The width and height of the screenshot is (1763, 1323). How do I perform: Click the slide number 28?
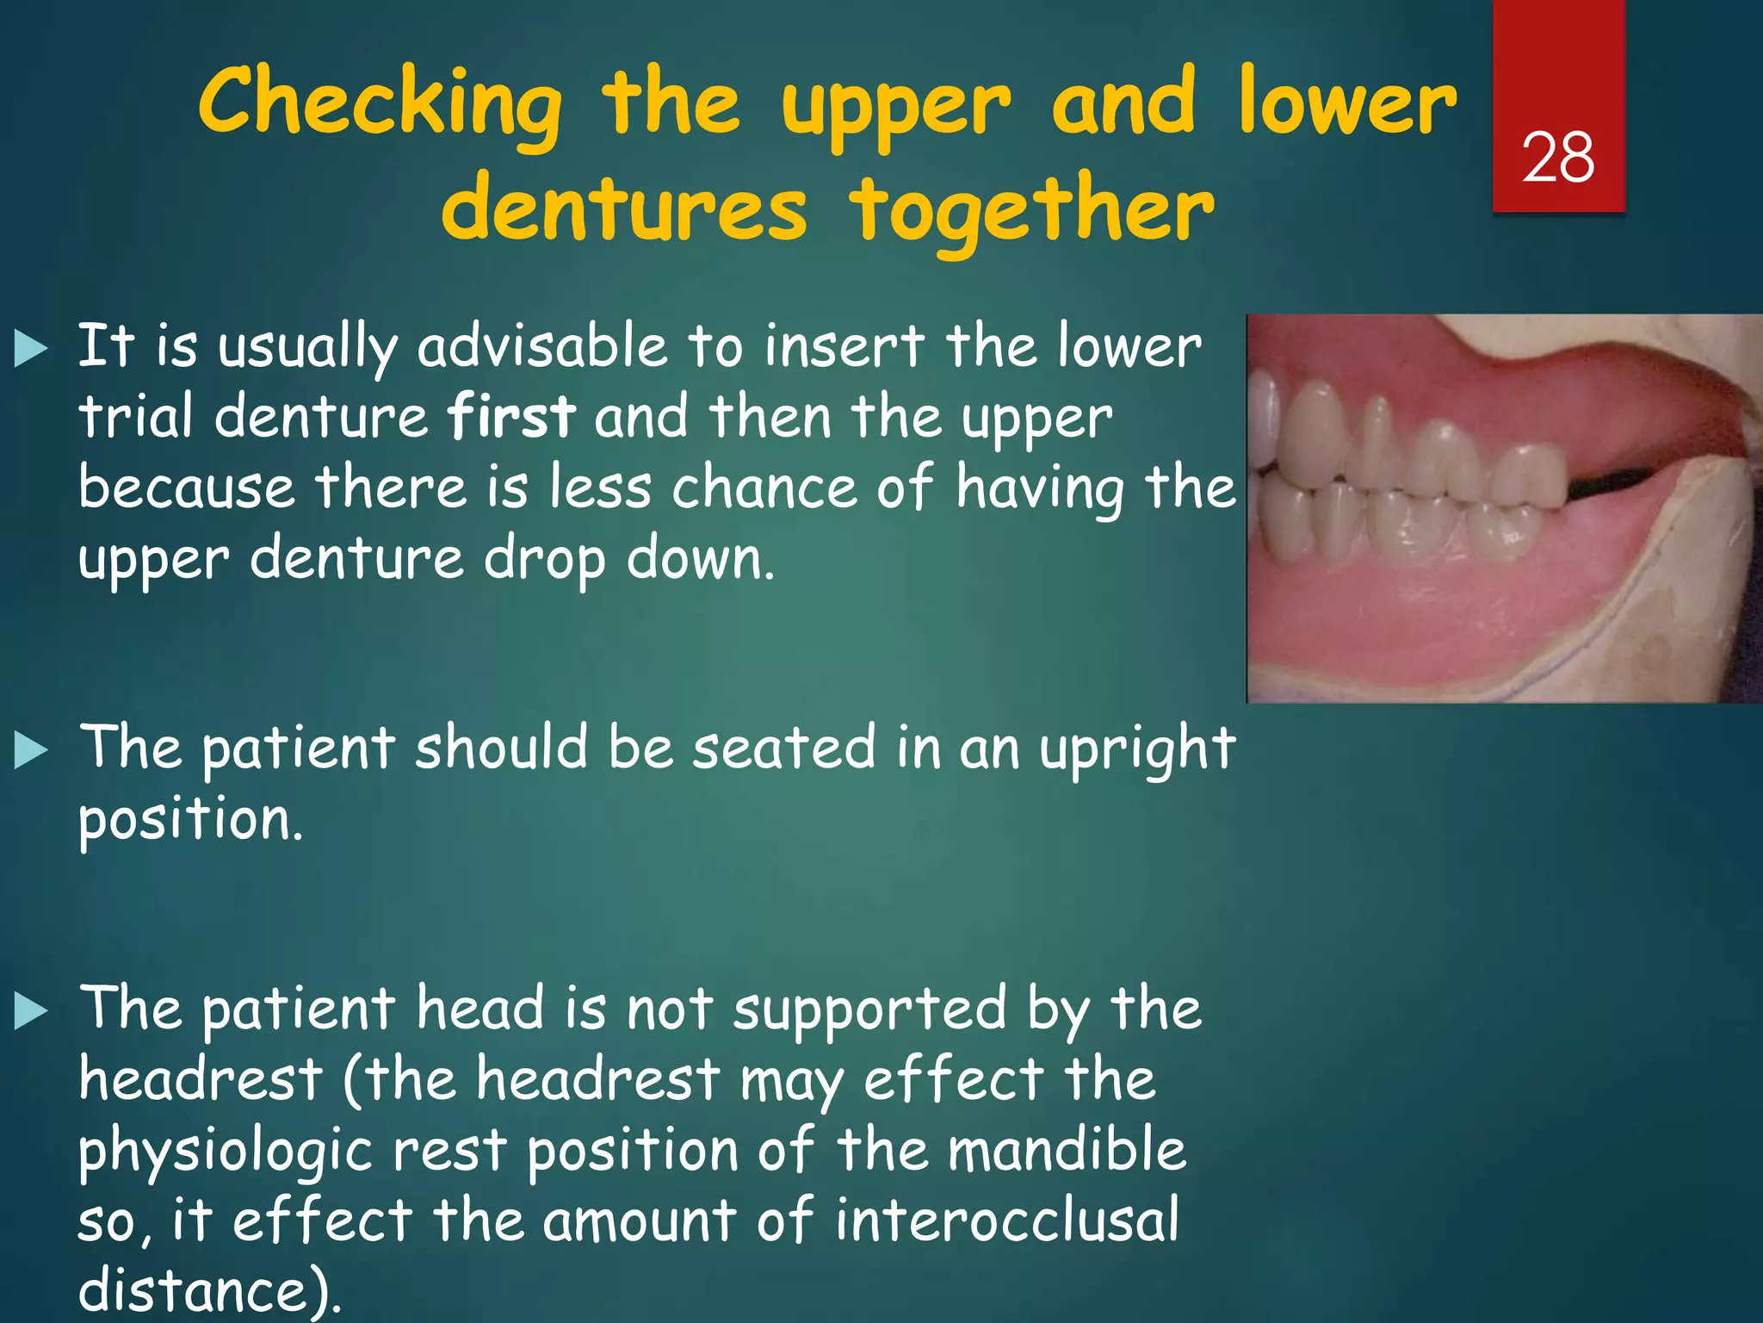(x=1557, y=158)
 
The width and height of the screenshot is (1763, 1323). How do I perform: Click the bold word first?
(x=510, y=416)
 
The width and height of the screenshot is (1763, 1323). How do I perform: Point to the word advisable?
(x=542, y=346)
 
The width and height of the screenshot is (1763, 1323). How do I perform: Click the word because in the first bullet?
(x=186, y=488)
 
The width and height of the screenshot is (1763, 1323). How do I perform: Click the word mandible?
(x=1067, y=1150)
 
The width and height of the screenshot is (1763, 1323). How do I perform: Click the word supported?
(x=869, y=1009)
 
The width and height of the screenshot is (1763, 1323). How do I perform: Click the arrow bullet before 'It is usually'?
(x=32, y=350)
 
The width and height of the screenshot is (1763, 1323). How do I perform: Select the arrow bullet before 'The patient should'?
(x=32, y=750)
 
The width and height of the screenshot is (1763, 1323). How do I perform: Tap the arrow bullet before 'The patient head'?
(x=32, y=1011)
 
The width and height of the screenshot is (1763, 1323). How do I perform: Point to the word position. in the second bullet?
(x=190, y=819)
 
